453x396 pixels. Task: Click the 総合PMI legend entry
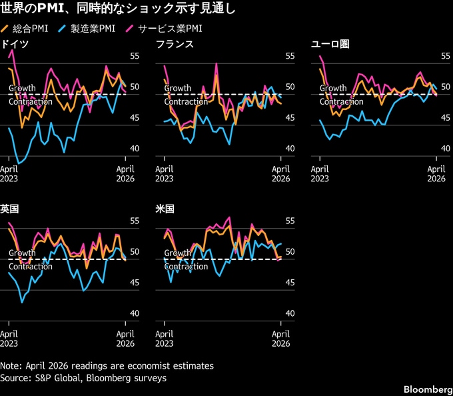click(29, 29)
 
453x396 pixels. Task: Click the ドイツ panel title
click(14, 44)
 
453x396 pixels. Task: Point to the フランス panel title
click(175, 44)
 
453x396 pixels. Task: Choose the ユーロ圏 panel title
click(330, 44)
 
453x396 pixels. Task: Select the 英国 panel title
click(9, 209)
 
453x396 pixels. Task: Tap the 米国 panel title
click(165, 209)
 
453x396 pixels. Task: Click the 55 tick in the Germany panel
click(133, 56)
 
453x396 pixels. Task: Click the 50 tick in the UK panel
click(133, 252)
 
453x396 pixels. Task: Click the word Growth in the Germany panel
click(22, 88)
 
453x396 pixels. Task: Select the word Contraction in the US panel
click(186, 267)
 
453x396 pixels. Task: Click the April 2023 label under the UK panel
click(10, 338)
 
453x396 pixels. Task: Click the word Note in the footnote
click(11, 366)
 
